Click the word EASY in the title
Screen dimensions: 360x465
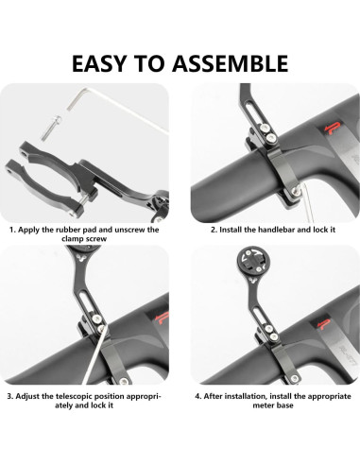[x=99, y=63]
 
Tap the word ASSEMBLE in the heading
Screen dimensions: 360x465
[x=231, y=63]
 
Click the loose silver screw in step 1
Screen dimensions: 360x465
[x=51, y=128]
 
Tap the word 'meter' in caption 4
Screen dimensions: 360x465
[x=262, y=405]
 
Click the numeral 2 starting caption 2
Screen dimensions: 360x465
[x=214, y=230]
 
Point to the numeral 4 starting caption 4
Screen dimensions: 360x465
[x=197, y=396]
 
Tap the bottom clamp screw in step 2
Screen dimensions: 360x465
[x=295, y=191]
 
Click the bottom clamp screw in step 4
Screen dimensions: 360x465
[x=294, y=379]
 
